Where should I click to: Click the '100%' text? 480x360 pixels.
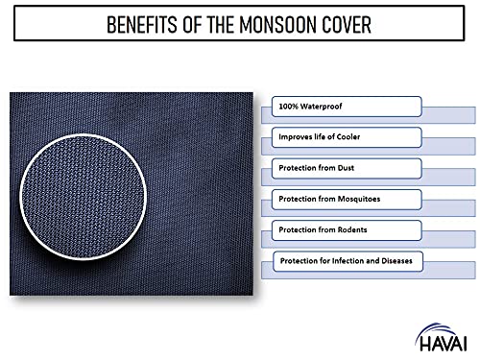pyautogui.click(x=287, y=105)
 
